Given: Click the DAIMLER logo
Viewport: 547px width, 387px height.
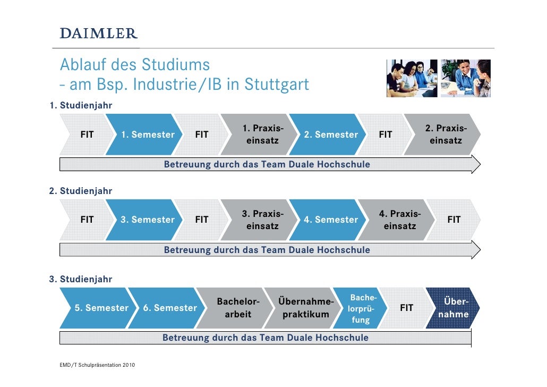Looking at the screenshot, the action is point(99,33).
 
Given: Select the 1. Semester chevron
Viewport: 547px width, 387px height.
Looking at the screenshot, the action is point(148,135).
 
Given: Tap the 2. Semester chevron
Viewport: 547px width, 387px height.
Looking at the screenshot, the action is point(331,135).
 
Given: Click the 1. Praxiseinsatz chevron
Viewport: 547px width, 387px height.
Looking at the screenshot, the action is point(262,135).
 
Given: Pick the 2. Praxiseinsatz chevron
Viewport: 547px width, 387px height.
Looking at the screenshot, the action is point(445,135).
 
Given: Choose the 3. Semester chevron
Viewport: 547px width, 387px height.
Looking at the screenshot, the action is point(148,220).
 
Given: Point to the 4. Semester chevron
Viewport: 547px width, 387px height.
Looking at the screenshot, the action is point(331,220).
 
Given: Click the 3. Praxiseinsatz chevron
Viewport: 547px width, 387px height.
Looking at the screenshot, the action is point(262,220).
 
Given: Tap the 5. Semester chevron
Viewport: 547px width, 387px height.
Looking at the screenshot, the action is point(101,308).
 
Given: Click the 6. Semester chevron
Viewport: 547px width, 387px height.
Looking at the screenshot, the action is point(169,308).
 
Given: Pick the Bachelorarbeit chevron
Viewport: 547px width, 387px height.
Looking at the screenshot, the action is point(238,308).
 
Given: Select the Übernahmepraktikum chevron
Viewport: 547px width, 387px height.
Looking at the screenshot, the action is point(305,308).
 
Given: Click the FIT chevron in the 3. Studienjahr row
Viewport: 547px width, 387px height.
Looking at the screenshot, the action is point(406,308).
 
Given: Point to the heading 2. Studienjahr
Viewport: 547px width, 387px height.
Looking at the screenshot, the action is point(81,191).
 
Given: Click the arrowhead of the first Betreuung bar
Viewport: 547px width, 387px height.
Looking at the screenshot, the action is point(475,164).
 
